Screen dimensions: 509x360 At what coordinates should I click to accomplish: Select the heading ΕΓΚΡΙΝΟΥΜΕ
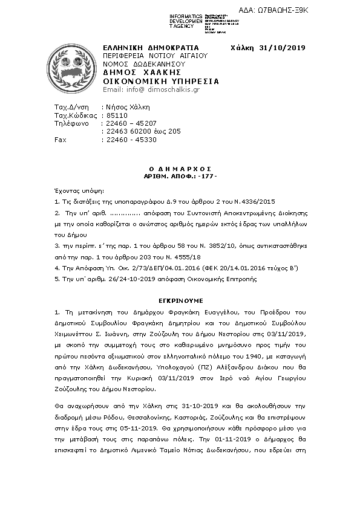[x=182, y=300]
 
